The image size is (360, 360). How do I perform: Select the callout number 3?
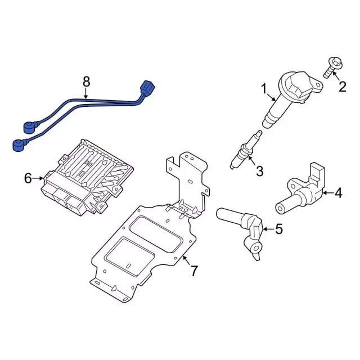point(259,171)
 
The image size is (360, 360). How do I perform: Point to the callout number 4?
point(337,193)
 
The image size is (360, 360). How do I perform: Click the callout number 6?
point(28,179)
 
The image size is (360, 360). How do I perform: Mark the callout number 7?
point(193,271)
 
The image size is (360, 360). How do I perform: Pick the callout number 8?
point(86,82)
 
